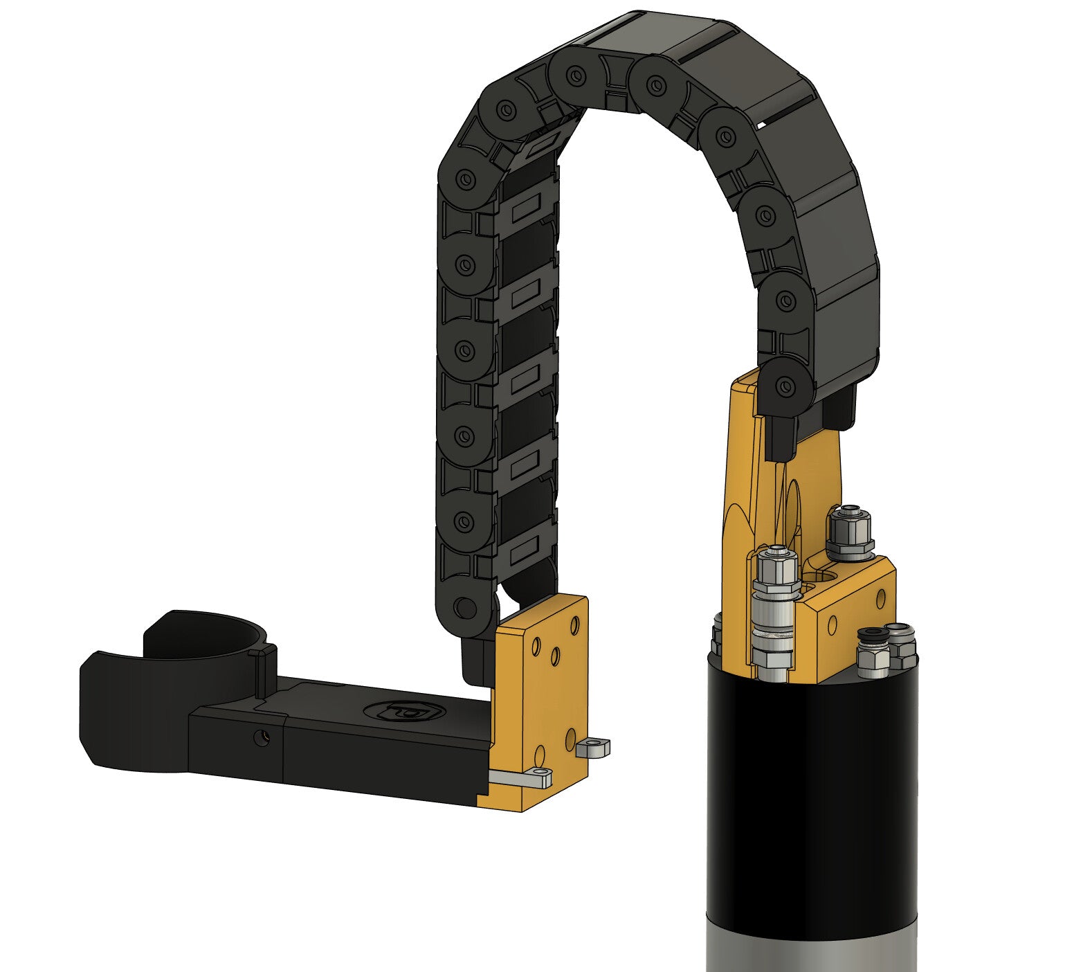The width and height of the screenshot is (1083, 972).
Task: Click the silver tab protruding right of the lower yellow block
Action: (594, 748)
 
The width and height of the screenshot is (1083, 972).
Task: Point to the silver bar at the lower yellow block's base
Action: (519, 778)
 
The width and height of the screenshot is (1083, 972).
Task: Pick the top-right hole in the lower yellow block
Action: (574, 625)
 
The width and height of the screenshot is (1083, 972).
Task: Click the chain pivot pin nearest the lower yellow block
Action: (466, 607)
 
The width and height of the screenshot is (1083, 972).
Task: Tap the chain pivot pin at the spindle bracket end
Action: (784, 386)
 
